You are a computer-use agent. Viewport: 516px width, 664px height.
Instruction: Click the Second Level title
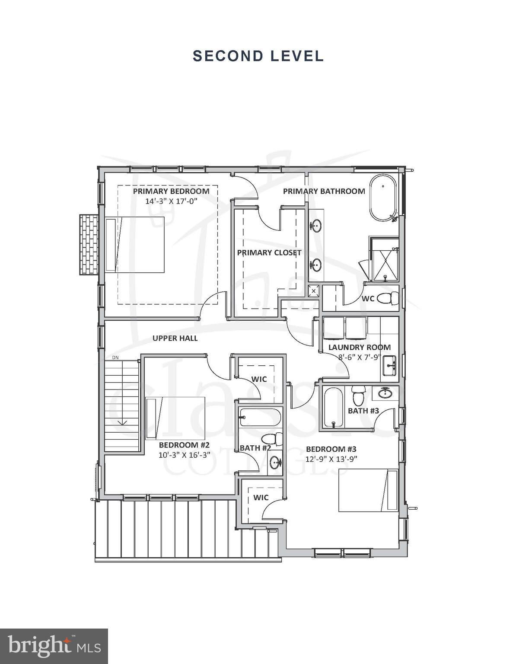(258, 56)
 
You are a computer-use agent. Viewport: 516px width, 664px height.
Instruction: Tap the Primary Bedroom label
(171, 191)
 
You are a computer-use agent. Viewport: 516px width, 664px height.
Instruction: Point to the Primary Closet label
(269, 252)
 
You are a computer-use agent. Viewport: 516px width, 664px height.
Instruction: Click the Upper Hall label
(175, 338)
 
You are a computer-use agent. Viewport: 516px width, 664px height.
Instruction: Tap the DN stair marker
(115, 357)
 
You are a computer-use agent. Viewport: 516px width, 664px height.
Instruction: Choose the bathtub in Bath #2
(260, 418)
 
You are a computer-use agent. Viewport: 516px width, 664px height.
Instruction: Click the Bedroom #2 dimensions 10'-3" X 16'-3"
(185, 455)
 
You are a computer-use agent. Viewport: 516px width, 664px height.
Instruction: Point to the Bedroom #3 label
(331, 449)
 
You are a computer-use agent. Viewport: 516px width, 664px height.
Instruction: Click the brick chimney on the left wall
(89, 244)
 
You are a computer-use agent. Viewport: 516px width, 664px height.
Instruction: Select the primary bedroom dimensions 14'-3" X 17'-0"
(172, 201)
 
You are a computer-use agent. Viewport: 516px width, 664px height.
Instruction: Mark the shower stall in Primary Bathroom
(385, 260)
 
